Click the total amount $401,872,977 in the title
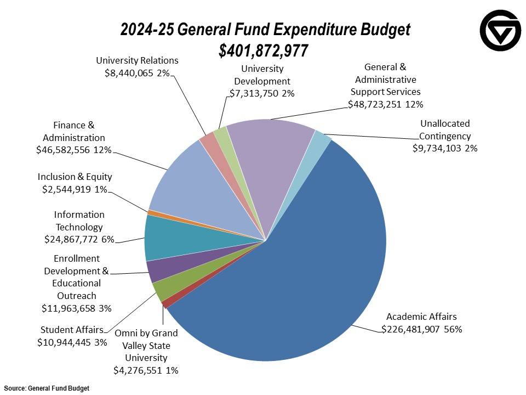[x=264, y=50]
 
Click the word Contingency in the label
[x=445, y=136]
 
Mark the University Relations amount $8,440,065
[x=129, y=73]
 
